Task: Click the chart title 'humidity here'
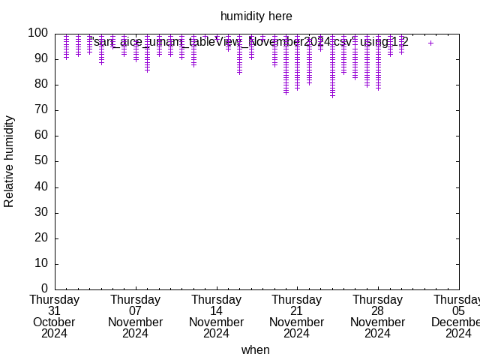[256, 16]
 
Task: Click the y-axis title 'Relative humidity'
[10, 161]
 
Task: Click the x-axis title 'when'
[255, 349]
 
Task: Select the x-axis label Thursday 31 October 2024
[54, 316]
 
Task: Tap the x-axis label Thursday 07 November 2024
[135, 316]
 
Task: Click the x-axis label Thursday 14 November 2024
[216, 316]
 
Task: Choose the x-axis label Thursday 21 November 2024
[297, 316]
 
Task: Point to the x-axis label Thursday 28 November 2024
[377, 316]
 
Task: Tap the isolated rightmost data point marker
[430, 43]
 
